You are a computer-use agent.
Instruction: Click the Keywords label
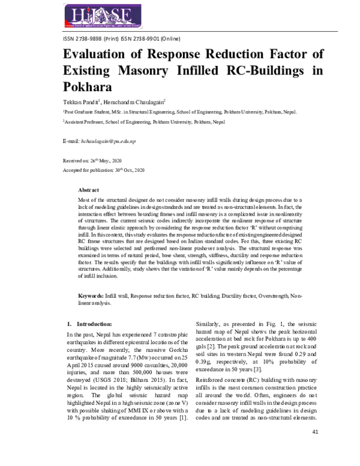[x=91, y=297]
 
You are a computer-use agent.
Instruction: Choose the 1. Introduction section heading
[x=89, y=324]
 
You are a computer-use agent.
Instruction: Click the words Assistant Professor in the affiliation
[x=83, y=122]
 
